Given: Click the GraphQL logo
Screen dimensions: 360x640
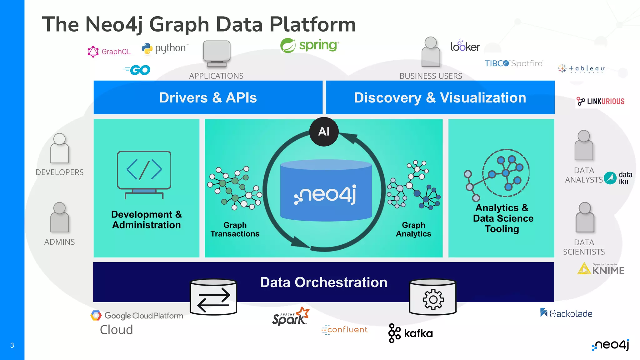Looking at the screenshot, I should (x=109, y=52).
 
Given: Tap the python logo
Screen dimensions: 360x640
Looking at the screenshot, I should (x=165, y=48).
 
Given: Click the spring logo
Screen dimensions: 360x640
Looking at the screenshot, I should (x=309, y=46).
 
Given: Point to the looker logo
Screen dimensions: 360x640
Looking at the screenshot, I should (x=465, y=46).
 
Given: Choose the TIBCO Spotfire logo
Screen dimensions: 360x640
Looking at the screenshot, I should (x=513, y=63).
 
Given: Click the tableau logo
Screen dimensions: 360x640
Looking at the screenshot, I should (x=581, y=68).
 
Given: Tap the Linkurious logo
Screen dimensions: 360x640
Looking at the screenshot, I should (x=600, y=101).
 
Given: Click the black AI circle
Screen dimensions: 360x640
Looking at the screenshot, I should (x=324, y=132).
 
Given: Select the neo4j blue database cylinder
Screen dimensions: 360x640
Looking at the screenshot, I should (x=326, y=191).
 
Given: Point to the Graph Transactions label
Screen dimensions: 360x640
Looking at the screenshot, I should (x=235, y=229).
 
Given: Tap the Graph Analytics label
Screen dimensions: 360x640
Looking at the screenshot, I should (x=413, y=229).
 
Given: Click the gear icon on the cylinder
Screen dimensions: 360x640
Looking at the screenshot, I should (x=433, y=299).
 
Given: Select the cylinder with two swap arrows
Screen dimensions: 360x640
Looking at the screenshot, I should (x=213, y=297).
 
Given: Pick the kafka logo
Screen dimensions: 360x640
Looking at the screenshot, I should (x=410, y=333).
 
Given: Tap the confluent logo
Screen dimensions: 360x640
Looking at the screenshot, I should (x=344, y=330).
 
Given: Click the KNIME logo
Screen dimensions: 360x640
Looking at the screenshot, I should (x=601, y=269).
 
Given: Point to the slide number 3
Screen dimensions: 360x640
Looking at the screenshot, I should (x=12, y=345).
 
